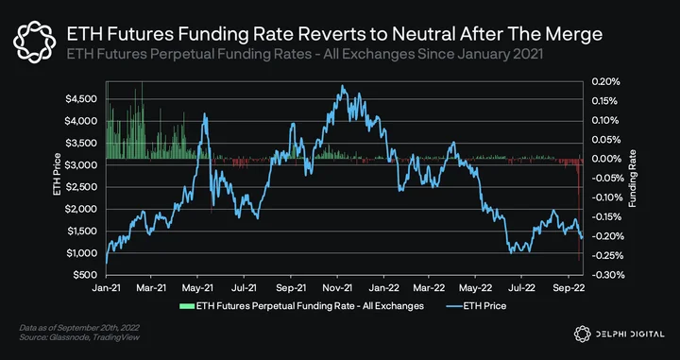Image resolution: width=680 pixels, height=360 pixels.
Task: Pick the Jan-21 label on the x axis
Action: [x=106, y=287]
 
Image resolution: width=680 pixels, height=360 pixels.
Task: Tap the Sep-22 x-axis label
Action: [x=569, y=287]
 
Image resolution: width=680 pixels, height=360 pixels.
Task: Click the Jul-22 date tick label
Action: [x=521, y=287]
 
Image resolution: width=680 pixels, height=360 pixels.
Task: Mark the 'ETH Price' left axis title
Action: [x=57, y=175]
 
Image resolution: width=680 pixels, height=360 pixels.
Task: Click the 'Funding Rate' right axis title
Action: [x=633, y=179]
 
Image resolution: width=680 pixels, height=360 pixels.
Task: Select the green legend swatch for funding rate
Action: [x=187, y=306]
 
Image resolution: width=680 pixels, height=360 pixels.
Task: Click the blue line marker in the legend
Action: [x=454, y=306]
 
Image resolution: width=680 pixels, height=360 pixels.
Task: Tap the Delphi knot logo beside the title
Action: [x=34, y=43]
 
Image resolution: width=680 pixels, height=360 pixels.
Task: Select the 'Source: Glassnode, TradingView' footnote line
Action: [x=79, y=337]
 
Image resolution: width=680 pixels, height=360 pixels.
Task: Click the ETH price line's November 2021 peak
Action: [x=342, y=85]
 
